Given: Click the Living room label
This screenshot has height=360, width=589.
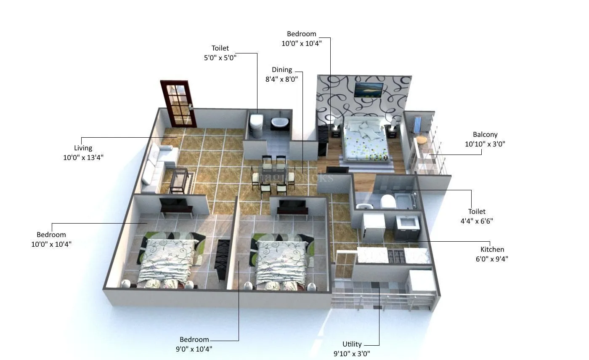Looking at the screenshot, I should click(x=83, y=148).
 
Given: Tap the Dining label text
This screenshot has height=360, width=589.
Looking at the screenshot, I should click(x=281, y=70).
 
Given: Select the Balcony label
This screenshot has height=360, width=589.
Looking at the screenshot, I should click(x=485, y=135).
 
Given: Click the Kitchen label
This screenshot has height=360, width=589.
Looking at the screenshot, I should click(x=492, y=250).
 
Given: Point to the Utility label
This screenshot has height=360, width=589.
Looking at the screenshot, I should click(x=352, y=344).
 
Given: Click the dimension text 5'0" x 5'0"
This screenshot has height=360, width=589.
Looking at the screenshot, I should click(x=220, y=58).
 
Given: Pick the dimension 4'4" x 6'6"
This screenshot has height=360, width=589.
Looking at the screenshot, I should click(x=476, y=221).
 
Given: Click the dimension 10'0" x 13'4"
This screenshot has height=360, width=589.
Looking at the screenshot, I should click(x=83, y=157).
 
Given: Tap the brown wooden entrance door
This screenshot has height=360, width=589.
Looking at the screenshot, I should click(x=178, y=103).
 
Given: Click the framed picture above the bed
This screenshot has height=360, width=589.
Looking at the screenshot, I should click(x=369, y=90).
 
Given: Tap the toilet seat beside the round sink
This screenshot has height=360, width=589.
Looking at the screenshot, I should click(x=256, y=124).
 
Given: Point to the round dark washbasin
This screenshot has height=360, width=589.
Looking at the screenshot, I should click(x=279, y=123).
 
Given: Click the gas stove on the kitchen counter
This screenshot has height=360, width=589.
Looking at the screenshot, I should click(x=395, y=255).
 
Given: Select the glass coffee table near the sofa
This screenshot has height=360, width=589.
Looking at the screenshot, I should click(x=179, y=180).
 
